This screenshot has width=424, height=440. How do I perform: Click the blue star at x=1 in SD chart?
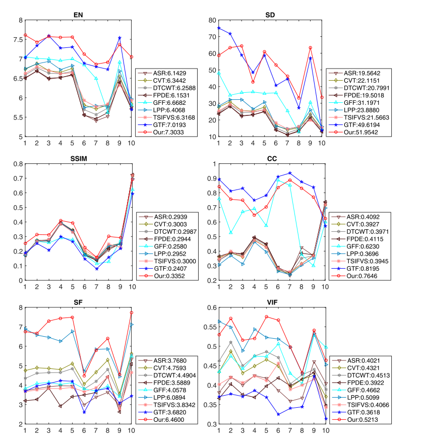(218, 28)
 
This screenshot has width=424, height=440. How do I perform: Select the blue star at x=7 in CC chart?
(289, 173)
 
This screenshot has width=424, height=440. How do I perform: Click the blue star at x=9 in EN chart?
(119, 38)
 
